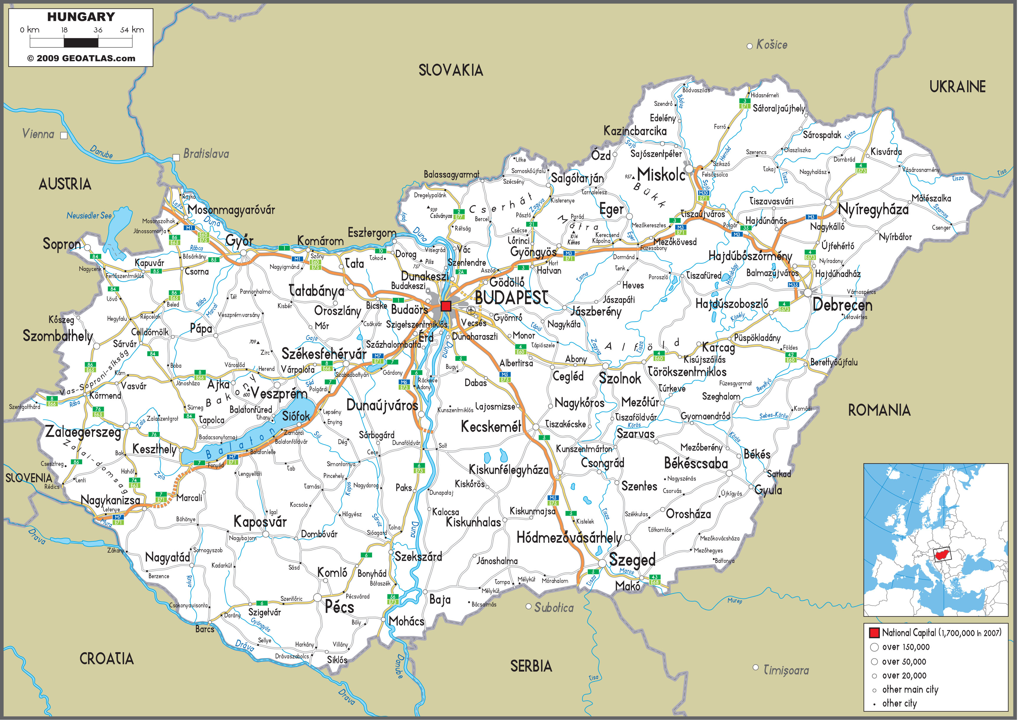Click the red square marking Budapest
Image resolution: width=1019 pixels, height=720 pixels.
[446, 306]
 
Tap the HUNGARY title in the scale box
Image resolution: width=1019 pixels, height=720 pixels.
[81, 17]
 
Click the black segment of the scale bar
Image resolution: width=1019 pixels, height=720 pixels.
[81, 43]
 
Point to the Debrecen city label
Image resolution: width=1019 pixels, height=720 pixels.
[842, 305]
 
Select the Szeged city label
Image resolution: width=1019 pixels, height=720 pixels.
[632, 560]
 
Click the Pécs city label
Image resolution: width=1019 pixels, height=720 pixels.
[339, 607]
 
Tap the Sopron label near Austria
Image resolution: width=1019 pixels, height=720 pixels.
[62, 244]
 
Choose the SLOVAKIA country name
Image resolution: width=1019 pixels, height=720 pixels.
[451, 70]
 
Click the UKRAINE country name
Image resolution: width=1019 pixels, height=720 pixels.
[957, 87]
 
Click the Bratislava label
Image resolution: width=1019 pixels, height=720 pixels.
[206, 154]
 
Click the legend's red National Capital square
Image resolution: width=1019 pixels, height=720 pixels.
[874, 632]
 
